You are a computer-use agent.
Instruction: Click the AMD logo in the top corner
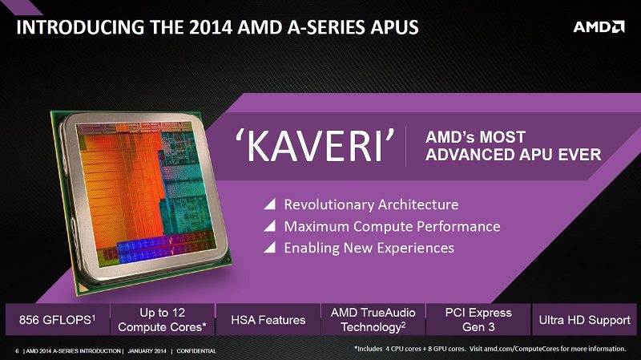pyautogui.click(x=599, y=27)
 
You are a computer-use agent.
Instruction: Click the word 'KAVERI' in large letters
pyautogui.click(x=316, y=146)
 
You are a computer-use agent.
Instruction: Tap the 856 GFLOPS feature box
pyautogui.click(x=57, y=319)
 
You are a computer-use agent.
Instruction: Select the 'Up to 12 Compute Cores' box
pyautogui.click(x=163, y=319)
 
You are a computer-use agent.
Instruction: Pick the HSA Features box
pyautogui.click(x=268, y=319)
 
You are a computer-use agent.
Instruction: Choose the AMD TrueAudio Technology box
pyautogui.click(x=373, y=319)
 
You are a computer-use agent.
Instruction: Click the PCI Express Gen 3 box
pyautogui.click(x=478, y=319)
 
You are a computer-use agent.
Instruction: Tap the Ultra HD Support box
pyautogui.click(x=584, y=319)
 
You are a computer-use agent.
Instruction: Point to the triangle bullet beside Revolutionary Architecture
pyautogui.click(x=271, y=204)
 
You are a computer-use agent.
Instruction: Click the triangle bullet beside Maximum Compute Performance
pyautogui.click(x=271, y=226)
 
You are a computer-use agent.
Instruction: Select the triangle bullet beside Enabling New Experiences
pyautogui.click(x=271, y=247)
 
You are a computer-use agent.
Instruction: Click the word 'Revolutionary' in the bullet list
pyautogui.click(x=329, y=204)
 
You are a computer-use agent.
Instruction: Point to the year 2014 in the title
pyautogui.click(x=211, y=27)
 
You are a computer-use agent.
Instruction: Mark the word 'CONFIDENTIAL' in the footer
pyautogui.click(x=196, y=351)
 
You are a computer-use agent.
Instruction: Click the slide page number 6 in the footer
pyautogui.click(x=17, y=351)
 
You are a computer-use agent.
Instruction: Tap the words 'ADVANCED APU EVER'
pyautogui.click(x=513, y=155)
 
